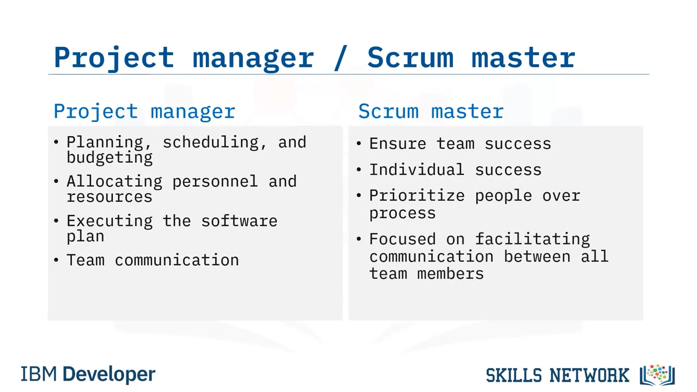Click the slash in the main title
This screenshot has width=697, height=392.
(x=340, y=58)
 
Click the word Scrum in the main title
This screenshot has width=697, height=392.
(x=411, y=57)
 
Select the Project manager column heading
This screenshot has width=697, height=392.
(x=144, y=112)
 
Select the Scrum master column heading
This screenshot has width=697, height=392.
(x=431, y=111)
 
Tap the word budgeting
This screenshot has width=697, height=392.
(x=109, y=157)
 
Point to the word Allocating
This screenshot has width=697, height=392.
(x=114, y=182)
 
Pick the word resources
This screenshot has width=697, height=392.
(x=109, y=197)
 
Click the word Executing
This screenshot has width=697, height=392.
(x=109, y=221)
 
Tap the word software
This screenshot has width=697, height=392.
(x=239, y=221)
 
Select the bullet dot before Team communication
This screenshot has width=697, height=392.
(x=56, y=260)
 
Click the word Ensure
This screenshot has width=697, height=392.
(x=398, y=144)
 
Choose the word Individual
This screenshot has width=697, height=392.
(x=417, y=170)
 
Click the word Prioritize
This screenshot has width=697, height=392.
(x=417, y=195)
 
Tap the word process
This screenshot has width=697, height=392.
(x=402, y=214)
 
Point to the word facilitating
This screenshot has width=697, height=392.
(x=533, y=239)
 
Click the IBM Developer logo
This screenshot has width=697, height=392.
(x=88, y=374)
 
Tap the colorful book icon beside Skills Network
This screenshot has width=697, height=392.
(x=657, y=375)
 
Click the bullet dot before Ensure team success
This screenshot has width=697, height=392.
(x=359, y=144)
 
